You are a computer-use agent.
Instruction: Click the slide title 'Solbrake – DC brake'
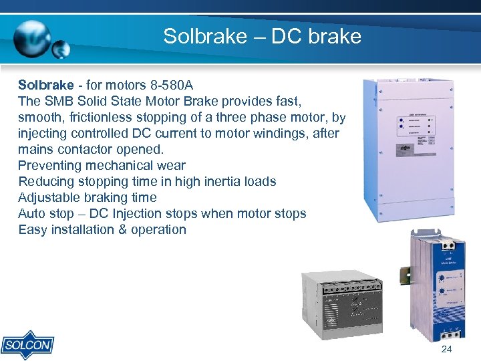pos(262,35)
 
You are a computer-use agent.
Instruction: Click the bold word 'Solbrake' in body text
pos(45,85)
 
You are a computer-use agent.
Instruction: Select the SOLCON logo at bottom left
pos(27,345)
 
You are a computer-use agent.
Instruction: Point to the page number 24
pos(446,350)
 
